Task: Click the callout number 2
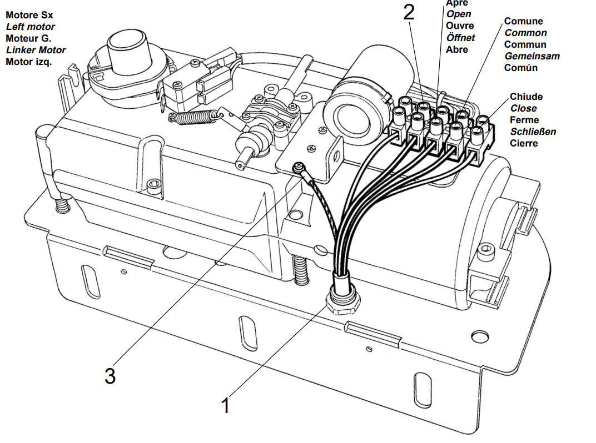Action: [409, 12]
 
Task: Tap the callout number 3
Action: [110, 376]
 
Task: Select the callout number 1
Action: [225, 405]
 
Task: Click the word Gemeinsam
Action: [532, 56]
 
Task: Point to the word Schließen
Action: [533, 132]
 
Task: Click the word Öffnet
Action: [460, 38]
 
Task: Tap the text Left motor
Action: [31, 27]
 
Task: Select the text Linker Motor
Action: [36, 50]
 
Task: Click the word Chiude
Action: [526, 97]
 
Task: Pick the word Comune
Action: [523, 21]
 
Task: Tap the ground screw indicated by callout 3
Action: [299, 166]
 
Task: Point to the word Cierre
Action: [524, 143]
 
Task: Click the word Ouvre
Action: [460, 26]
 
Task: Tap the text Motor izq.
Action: [28, 62]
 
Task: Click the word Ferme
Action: [524, 120]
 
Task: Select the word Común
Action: [521, 68]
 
